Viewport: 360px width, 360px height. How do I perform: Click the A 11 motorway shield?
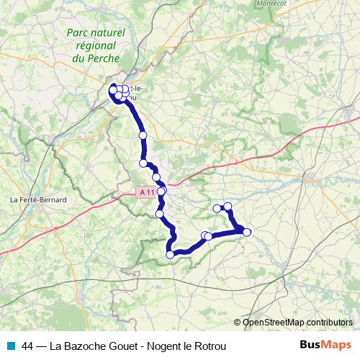click(x=146, y=192)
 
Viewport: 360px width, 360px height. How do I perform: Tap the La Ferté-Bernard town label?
click(x=38, y=199)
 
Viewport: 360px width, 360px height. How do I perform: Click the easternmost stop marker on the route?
click(x=247, y=232)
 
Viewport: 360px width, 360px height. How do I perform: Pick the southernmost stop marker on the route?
click(x=171, y=253)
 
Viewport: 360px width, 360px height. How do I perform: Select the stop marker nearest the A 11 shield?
click(x=162, y=192)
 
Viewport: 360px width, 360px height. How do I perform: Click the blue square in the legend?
click(x=11, y=346)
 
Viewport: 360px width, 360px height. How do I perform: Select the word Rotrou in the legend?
click(x=210, y=346)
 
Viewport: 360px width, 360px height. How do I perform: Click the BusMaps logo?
click(x=325, y=345)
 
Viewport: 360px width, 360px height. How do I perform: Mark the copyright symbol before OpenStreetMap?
click(x=238, y=323)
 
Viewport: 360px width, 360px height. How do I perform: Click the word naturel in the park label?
click(x=110, y=32)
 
